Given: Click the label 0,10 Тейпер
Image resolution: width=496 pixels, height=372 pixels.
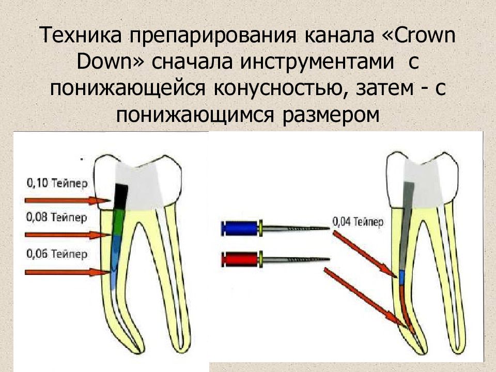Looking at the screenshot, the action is click(57, 183).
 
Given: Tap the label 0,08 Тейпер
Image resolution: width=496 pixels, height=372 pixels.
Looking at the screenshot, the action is click(56, 218).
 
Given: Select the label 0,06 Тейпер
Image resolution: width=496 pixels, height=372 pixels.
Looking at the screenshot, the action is click(57, 254).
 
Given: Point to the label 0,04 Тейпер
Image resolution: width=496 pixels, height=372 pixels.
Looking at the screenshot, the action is click(358, 222).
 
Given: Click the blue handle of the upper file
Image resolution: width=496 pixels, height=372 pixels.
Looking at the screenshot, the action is click(240, 228).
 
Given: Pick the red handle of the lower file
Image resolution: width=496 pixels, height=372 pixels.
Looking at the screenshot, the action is click(240, 259).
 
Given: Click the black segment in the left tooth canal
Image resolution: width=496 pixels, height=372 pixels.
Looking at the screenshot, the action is click(120, 196).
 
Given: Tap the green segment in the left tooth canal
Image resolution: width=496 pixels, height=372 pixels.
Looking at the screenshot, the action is click(119, 222).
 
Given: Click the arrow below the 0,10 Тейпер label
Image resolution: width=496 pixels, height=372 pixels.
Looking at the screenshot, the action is click(68, 200).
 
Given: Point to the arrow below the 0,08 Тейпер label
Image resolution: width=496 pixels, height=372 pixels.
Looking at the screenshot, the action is click(68, 235).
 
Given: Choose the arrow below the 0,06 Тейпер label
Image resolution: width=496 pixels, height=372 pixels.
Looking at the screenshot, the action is click(68, 272).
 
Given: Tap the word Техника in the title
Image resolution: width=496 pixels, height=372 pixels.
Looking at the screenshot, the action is click(81, 35).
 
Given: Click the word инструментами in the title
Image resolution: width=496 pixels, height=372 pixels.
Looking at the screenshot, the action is click(317, 61).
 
